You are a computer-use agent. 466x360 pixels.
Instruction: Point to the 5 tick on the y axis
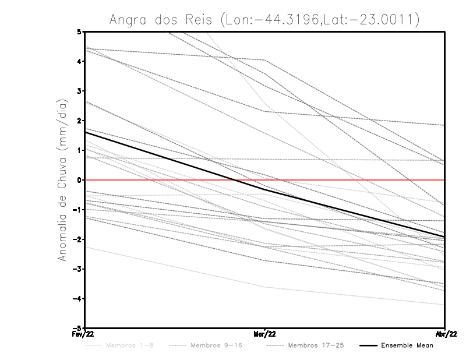tap(79, 31)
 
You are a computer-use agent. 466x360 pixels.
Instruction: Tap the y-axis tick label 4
tap(79, 61)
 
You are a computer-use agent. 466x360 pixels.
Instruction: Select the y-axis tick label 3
tap(79, 91)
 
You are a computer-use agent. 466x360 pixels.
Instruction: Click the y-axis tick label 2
tap(79, 121)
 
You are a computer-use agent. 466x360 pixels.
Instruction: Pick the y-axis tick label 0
tap(79, 180)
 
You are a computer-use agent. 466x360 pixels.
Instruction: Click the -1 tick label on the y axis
tap(78, 210)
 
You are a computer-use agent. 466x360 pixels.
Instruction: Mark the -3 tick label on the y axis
tap(78, 269)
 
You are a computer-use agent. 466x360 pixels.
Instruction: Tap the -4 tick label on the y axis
tap(78, 299)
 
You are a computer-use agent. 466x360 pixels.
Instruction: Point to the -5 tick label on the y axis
tap(78, 329)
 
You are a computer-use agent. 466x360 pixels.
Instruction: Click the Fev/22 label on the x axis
tap(84, 334)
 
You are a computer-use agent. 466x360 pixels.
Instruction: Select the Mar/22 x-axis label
tap(265, 334)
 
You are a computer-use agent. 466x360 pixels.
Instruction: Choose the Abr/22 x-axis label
tap(445, 334)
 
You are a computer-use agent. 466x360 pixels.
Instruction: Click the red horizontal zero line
tap(349, 180)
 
